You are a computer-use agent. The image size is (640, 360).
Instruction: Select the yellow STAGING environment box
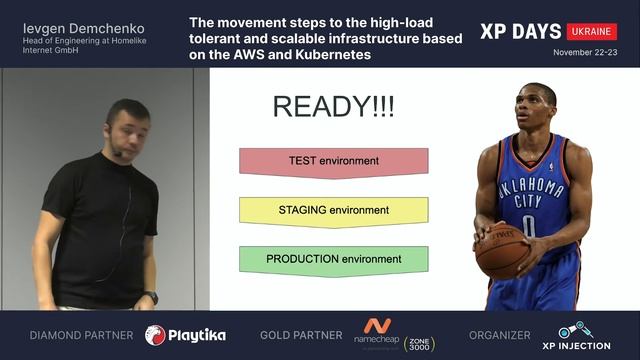click(333, 211)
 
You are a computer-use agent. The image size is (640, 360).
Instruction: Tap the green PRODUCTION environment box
click(333, 260)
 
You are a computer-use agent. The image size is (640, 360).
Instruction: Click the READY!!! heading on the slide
click(333, 107)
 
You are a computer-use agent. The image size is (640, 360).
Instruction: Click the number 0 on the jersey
click(528, 225)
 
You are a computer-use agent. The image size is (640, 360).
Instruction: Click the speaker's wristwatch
click(151, 297)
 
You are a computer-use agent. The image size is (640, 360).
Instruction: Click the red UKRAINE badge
click(591, 31)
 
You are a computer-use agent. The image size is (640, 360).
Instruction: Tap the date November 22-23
click(585, 52)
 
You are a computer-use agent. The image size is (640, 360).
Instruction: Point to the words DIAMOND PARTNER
click(81, 335)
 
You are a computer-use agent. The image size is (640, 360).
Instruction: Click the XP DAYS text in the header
click(519, 30)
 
